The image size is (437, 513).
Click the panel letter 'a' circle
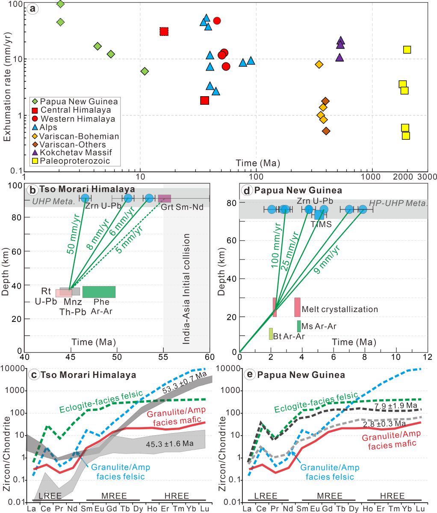[32, 9]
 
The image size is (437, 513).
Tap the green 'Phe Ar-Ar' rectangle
[99, 292]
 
